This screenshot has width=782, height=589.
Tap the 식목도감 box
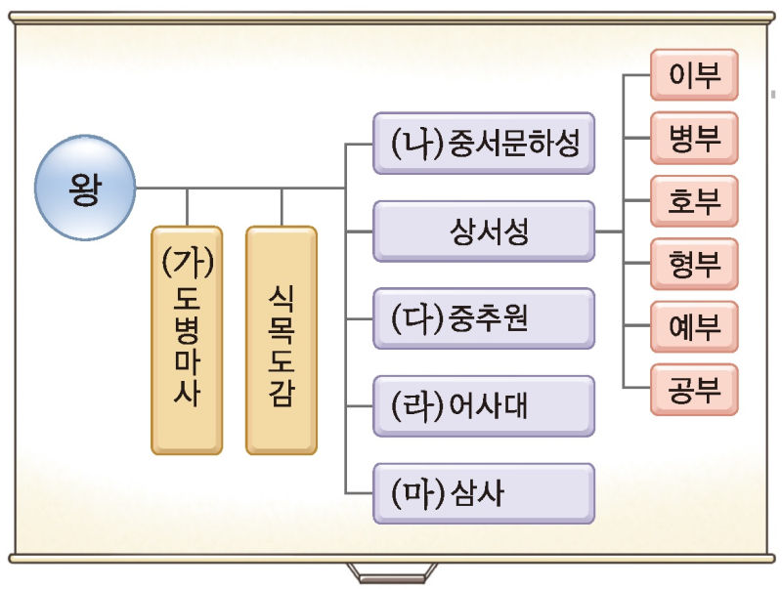tap(281, 340)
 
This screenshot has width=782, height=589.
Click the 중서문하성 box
tap(484, 145)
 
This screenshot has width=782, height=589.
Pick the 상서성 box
tap(484, 231)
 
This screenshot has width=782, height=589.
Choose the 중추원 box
tap(484, 318)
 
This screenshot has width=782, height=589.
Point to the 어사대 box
tap(484, 405)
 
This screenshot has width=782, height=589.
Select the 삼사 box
tap(484, 492)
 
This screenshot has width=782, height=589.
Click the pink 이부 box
tap(694, 76)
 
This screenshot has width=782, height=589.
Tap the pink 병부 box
tap(694, 138)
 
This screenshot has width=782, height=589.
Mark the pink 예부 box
tap(694, 327)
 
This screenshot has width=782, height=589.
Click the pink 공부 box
tap(694, 389)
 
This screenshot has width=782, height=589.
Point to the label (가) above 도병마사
tap(187, 262)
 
